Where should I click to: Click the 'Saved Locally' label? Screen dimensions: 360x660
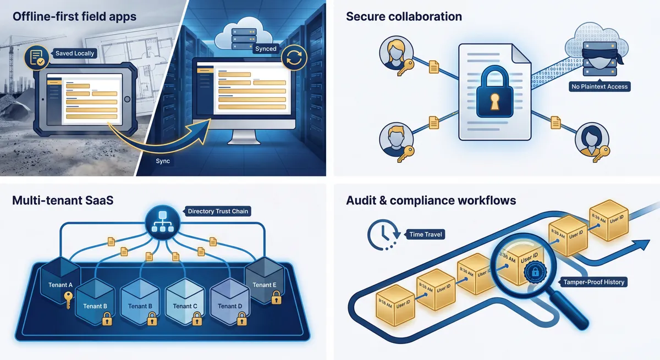coord(75,53)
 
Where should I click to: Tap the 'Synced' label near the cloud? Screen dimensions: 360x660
coord(266,49)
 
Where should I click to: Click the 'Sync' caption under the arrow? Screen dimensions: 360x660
coord(163,161)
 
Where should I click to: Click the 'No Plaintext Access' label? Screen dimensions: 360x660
coord(599,86)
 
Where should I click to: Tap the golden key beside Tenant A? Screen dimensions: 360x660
coord(68,300)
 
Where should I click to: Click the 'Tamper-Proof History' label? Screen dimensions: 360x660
coord(595,282)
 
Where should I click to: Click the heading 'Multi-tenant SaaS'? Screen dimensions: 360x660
coord(62,200)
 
